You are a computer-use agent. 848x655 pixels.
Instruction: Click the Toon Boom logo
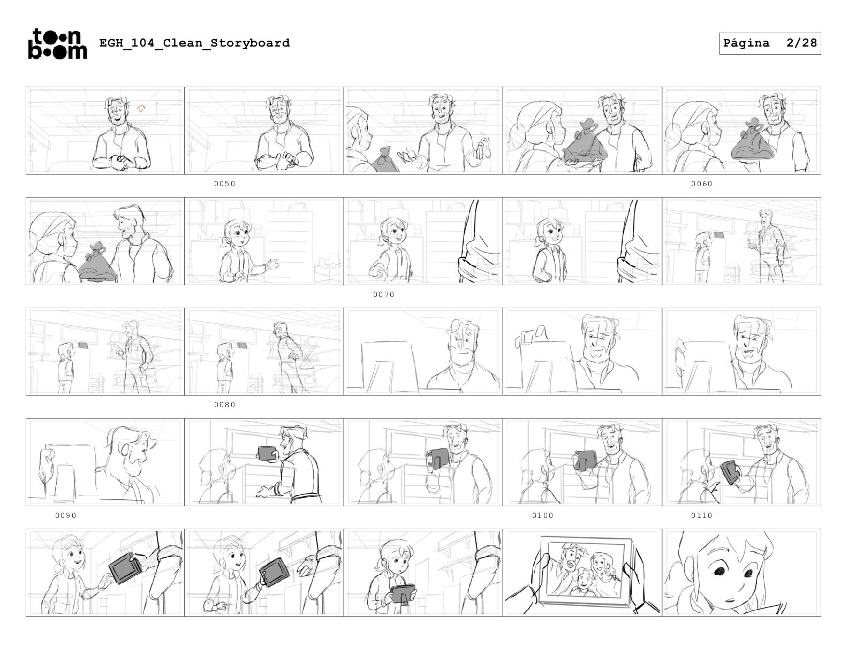(x=57, y=44)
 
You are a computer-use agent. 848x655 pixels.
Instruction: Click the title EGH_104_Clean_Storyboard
(x=194, y=43)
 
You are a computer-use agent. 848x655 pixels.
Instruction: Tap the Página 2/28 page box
(x=769, y=43)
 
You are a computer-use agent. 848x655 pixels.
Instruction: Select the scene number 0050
(x=225, y=184)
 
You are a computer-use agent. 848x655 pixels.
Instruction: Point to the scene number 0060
(x=701, y=184)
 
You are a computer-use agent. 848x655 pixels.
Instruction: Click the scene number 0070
(x=384, y=294)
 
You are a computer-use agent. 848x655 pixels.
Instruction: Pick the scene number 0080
(x=225, y=405)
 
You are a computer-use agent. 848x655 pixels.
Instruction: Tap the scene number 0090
(x=65, y=515)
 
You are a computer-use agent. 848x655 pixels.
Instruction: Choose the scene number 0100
(x=542, y=515)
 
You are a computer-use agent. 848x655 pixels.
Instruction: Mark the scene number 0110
(x=701, y=515)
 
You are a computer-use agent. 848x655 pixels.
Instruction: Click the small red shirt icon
(x=141, y=109)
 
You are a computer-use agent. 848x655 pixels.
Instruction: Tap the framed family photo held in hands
(x=584, y=572)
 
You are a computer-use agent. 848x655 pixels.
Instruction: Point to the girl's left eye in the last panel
(x=748, y=573)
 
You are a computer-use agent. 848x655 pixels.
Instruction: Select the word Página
(x=746, y=43)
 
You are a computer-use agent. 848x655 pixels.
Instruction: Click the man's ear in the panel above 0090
(x=125, y=450)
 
